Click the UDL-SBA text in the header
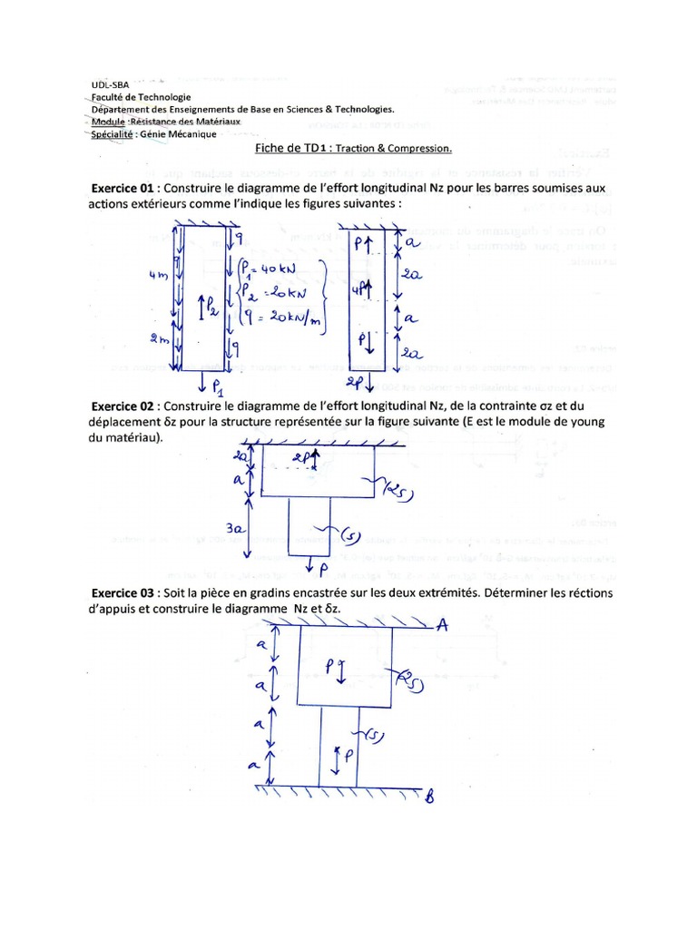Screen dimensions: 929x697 [109, 82]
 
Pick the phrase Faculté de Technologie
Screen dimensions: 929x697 [141, 96]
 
